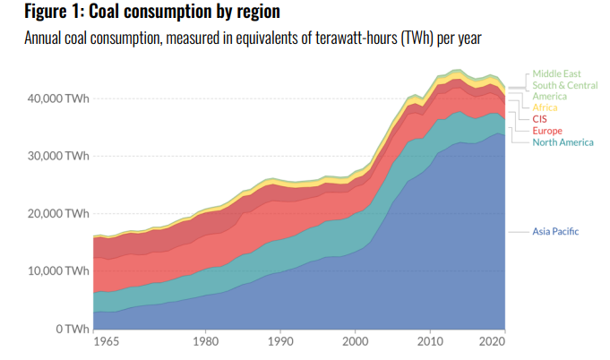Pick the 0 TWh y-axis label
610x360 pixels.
click(69, 329)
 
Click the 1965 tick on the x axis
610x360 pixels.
click(106, 342)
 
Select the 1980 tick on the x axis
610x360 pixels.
click(205, 342)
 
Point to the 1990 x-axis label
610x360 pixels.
click(280, 342)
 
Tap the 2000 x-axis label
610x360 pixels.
click(356, 342)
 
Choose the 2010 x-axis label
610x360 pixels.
click(431, 342)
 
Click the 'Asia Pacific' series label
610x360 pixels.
click(556, 231)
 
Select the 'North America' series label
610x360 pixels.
click(563, 142)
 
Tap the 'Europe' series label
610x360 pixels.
click(547, 131)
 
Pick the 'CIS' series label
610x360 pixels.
click(540, 119)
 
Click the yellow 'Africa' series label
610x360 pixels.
click(545, 107)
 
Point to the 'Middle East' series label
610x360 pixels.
click(558, 73)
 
